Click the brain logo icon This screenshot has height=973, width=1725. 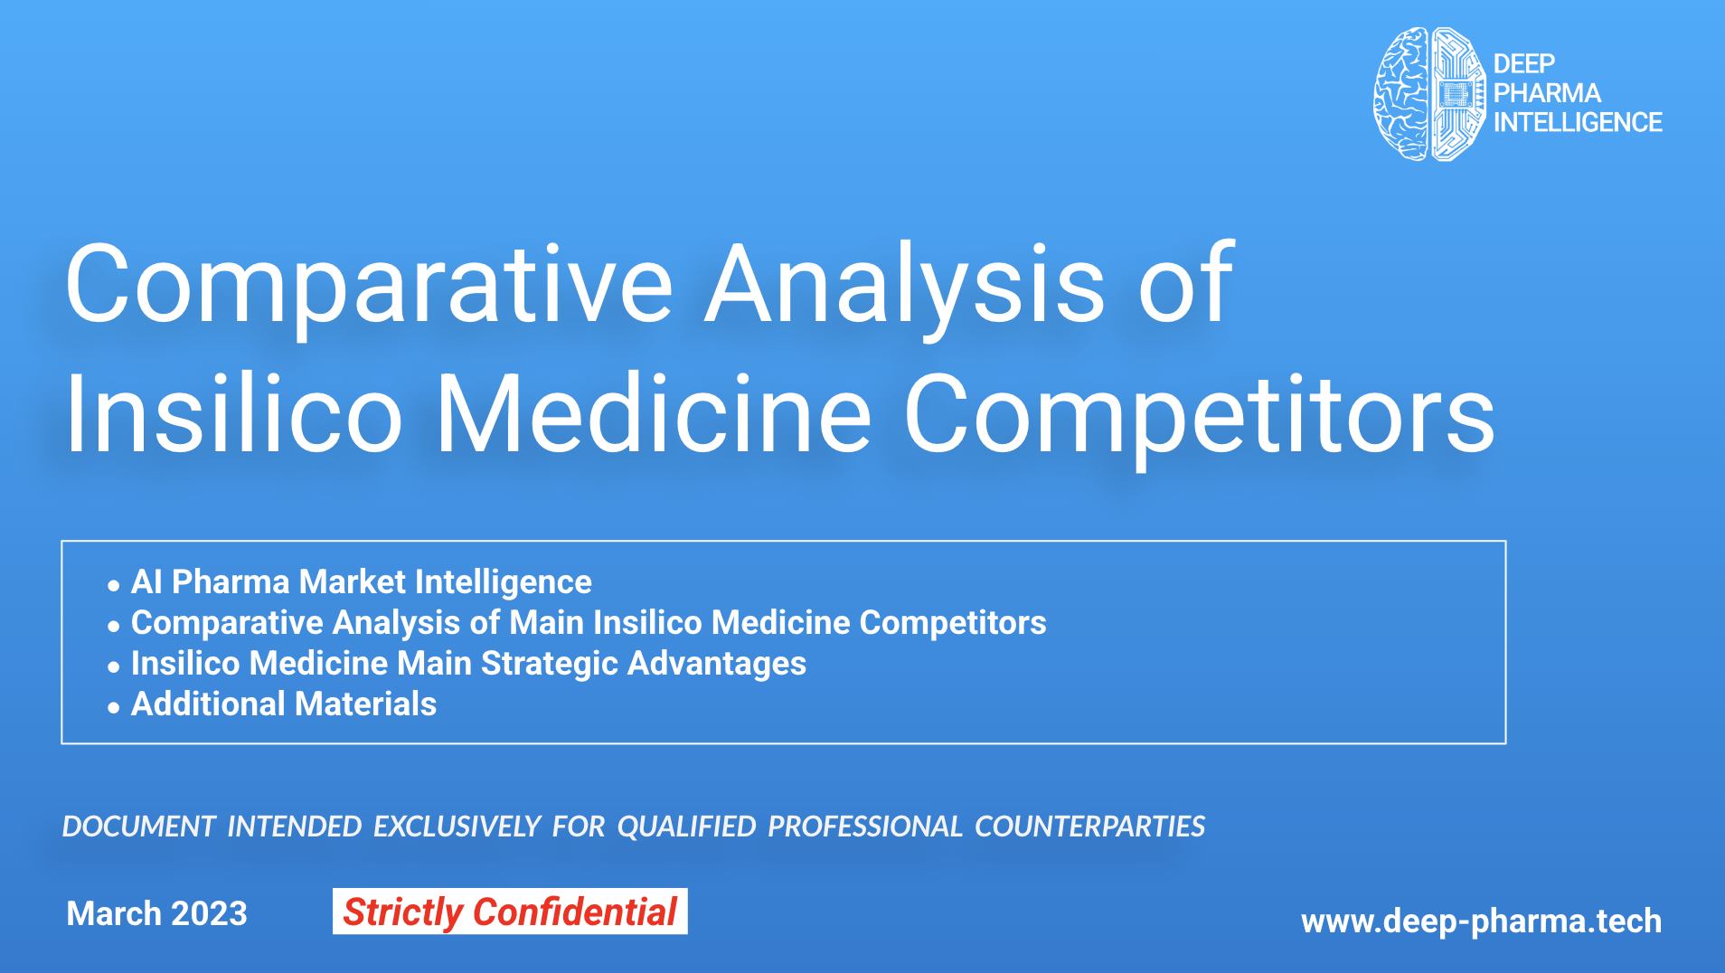1429,94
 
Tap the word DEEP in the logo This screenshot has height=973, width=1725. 1524,63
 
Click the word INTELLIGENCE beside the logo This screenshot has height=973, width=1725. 1578,122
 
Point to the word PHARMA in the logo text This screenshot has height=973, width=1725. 1547,92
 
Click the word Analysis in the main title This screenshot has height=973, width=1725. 905,286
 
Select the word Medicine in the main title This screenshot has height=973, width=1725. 654,414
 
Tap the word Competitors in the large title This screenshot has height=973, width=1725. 1200,418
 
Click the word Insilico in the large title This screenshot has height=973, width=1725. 234,414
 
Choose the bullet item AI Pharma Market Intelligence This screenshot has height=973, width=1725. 362,582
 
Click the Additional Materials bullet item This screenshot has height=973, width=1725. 284,704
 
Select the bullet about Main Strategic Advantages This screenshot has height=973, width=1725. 468,664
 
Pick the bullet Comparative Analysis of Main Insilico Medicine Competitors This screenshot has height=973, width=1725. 589,623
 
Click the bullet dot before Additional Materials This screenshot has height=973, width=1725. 113,708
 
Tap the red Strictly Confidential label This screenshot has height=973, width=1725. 510,912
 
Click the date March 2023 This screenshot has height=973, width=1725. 156,913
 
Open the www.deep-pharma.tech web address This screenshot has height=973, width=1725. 1481,921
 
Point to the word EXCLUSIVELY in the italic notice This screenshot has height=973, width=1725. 457,827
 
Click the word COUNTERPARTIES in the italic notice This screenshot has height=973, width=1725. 1090,827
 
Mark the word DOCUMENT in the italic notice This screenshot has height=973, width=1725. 138,827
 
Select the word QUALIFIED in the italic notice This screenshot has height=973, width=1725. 687,827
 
